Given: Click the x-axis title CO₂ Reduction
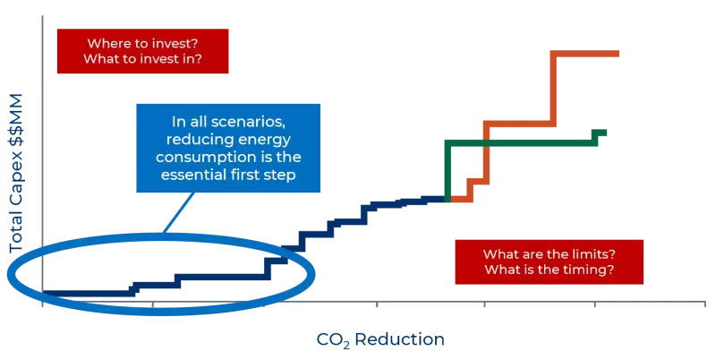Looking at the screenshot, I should (379, 340).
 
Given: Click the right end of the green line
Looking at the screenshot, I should (605, 133).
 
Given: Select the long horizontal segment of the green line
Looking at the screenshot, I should (519, 141).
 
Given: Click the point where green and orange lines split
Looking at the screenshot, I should (447, 198).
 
